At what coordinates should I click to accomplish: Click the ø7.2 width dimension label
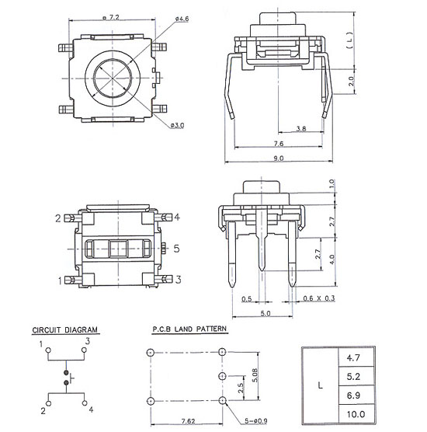[x=111, y=17]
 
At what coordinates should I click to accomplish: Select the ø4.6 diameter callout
[x=182, y=19]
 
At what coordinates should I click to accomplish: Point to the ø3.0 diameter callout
[x=177, y=125]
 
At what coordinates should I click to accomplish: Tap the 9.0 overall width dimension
[x=279, y=159]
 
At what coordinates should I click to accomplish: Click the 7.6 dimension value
[x=279, y=143]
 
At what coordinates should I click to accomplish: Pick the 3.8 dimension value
[x=301, y=128]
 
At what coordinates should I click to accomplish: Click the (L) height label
[x=349, y=40]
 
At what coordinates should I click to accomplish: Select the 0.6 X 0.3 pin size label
[x=319, y=298]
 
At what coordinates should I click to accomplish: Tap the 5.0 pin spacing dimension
[x=266, y=313]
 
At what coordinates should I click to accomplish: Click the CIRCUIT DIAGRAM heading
[x=65, y=329]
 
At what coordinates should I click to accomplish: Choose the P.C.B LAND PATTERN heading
[x=189, y=329]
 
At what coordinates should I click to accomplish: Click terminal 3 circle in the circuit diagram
[x=84, y=350]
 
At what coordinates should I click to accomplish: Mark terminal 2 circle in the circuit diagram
[x=49, y=403]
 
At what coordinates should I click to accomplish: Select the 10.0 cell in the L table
[x=356, y=414]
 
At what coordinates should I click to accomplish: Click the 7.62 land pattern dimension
[x=189, y=421]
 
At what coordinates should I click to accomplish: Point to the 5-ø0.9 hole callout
[x=256, y=421]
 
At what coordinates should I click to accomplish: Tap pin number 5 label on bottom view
[x=176, y=249]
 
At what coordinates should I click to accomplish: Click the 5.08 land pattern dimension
[x=255, y=375]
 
